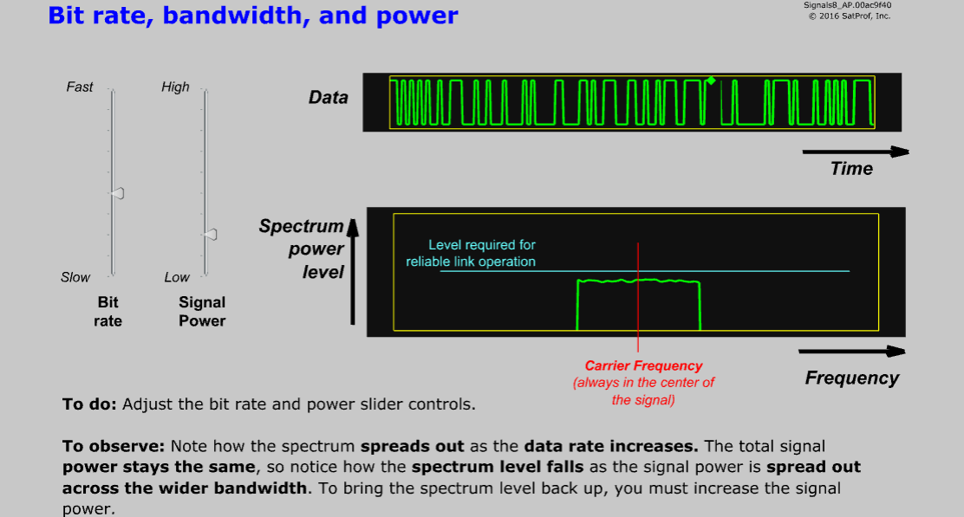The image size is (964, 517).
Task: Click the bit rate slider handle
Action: (x=117, y=192)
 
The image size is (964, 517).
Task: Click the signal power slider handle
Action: (x=209, y=234)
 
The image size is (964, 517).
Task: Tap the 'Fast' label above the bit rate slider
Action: (x=80, y=87)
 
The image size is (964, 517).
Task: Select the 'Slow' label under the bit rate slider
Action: (x=75, y=277)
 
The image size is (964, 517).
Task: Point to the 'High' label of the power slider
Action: (x=175, y=87)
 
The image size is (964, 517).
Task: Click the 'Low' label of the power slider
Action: (x=177, y=277)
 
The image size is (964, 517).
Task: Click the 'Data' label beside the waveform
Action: (x=329, y=98)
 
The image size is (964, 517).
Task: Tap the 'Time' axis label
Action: (x=851, y=169)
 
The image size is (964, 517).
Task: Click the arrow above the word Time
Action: (x=855, y=152)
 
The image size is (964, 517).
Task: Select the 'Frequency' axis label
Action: (x=851, y=378)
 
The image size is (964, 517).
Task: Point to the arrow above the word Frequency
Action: (x=851, y=352)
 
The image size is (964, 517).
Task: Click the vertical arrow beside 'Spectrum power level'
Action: (x=352, y=272)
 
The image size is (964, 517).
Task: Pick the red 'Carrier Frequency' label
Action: (x=643, y=366)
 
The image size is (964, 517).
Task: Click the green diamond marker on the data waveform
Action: (x=710, y=81)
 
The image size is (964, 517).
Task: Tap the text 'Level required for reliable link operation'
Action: (x=471, y=253)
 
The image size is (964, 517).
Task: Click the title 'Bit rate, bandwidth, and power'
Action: (x=253, y=16)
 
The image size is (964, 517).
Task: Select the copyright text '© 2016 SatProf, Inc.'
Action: (x=849, y=16)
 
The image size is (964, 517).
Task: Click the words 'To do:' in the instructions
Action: (x=90, y=404)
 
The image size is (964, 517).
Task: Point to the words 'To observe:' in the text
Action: (x=114, y=447)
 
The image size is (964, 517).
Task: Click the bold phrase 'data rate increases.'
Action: (x=611, y=447)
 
